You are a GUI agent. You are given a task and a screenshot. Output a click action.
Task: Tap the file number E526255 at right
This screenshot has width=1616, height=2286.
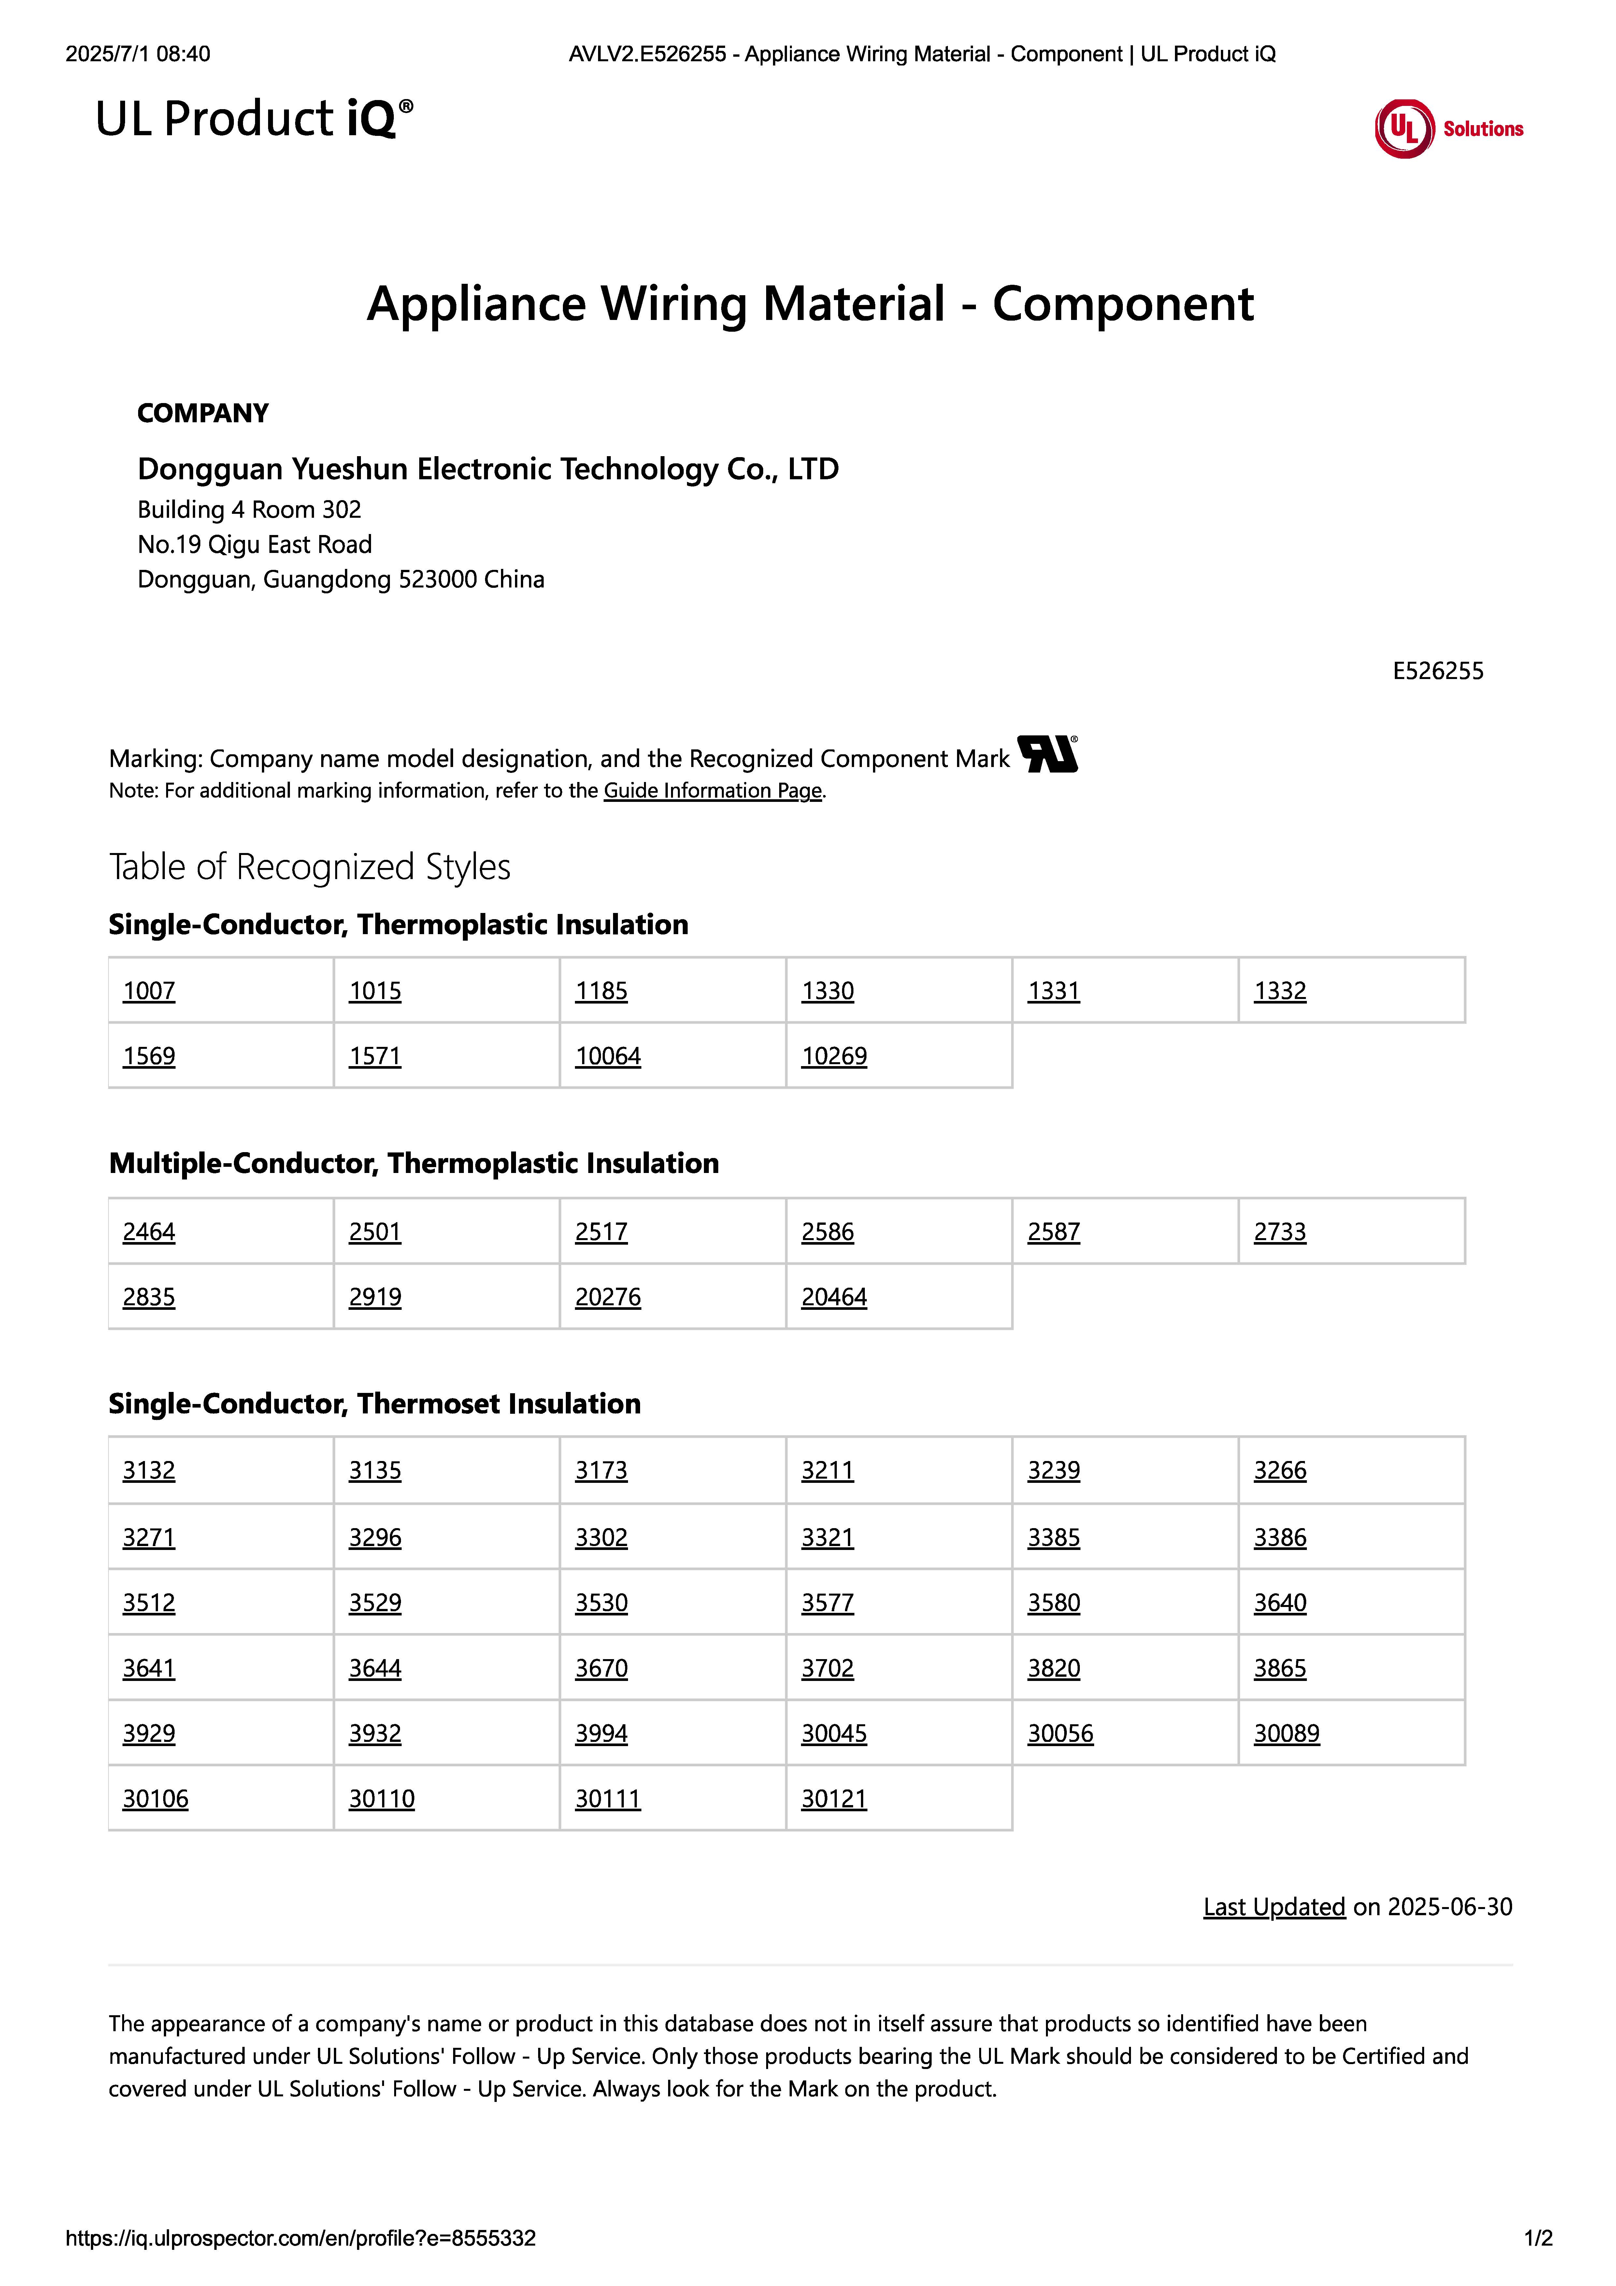pyautogui.click(x=1437, y=671)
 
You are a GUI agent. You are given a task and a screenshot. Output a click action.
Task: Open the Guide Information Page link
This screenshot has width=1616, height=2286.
pyautogui.click(x=713, y=790)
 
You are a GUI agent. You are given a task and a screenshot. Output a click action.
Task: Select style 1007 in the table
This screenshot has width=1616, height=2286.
pyautogui.click(x=150, y=992)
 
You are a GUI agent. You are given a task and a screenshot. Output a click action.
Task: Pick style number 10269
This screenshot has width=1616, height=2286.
pyautogui.click(x=835, y=1056)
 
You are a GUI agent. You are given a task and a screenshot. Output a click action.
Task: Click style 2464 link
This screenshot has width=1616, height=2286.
pyautogui.click(x=150, y=1233)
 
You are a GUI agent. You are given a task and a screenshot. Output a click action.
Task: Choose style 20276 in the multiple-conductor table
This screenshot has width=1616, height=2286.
pyautogui.click(x=608, y=1297)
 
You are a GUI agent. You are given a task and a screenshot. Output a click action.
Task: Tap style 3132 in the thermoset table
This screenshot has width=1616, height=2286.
pyautogui.click(x=150, y=1470)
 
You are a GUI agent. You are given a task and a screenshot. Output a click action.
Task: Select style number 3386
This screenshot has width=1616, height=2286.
pyautogui.click(x=1280, y=1537)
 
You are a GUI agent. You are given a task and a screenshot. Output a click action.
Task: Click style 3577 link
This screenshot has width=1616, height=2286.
pyautogui.click(x=827, y=1603)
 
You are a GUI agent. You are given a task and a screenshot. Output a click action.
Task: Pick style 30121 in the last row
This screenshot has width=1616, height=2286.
pyautogui.click(x=835, y=1799)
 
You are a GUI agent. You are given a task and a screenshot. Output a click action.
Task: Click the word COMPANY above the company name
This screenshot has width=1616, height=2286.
pyautogui.click(x=203, y=413)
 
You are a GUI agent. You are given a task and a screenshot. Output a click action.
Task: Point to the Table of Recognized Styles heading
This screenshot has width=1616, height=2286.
pyautogui.click(x=310, y=867)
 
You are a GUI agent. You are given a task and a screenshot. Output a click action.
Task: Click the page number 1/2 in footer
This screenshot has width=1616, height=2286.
pyautogui.click(x=1537, y=2238)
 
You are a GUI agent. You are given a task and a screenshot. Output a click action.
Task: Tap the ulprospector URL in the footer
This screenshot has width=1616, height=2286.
pyautogui.click(x=301, y=2238)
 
